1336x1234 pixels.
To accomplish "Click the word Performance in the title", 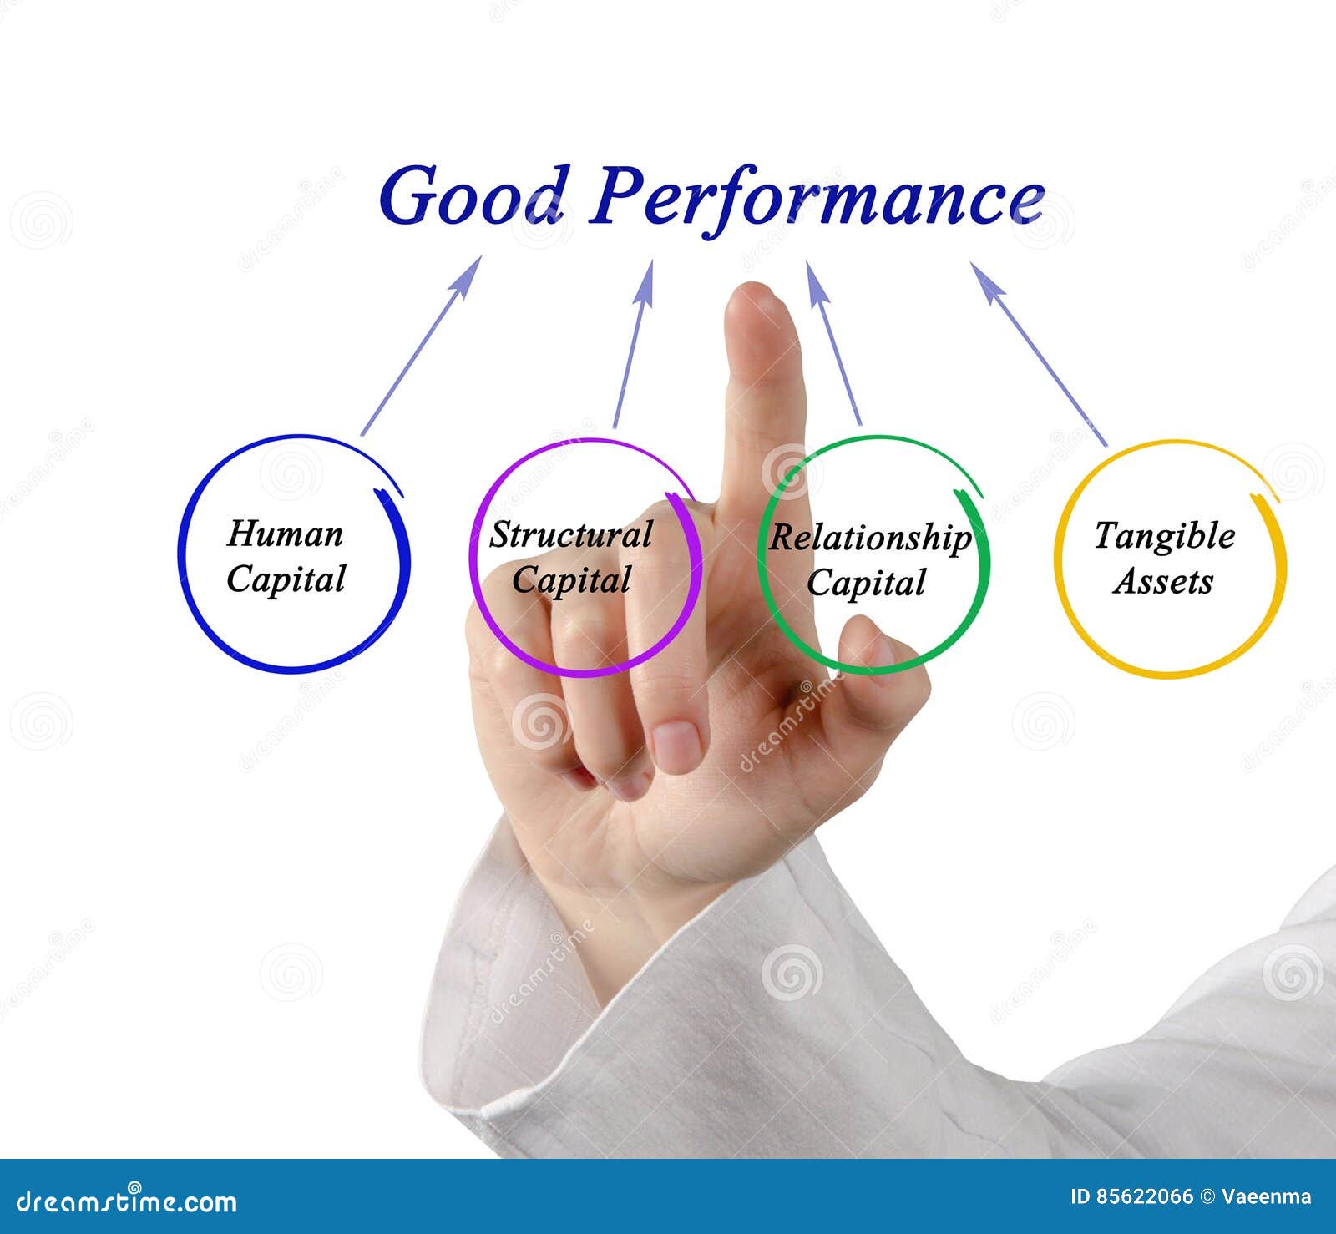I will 817,199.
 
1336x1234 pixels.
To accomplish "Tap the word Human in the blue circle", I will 285,534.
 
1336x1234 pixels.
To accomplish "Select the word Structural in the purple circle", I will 571,535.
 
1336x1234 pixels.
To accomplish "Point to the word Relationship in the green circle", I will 870,539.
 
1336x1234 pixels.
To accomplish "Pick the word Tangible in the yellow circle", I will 1164,536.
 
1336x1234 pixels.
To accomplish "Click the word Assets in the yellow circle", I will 1162,581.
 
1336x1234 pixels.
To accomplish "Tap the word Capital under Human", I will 286,579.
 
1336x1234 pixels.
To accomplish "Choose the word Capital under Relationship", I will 866,584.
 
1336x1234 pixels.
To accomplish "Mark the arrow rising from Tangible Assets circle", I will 1039,354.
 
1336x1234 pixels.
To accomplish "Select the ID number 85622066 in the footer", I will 1144,1197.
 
